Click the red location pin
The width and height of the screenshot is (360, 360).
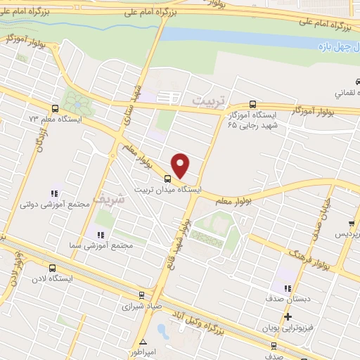[181, 165]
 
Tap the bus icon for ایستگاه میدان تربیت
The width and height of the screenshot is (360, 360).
[167, 179]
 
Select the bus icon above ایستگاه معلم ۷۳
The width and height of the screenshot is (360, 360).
[55, 108]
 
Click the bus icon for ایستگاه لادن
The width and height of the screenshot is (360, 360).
[52, 268]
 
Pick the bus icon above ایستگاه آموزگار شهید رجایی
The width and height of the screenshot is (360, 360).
[253, 103]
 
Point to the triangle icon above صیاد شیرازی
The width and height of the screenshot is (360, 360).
[143, 296]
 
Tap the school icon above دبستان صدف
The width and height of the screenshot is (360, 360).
[286, 288]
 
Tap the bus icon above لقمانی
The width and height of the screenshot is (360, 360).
[334, 82]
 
